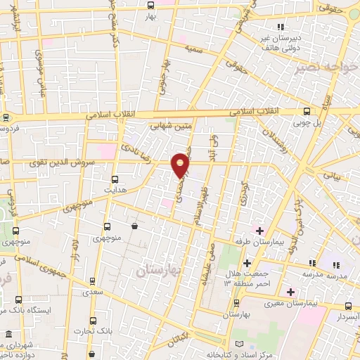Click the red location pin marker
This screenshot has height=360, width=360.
coord(181,165)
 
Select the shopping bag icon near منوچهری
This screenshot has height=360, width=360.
coord(135,226)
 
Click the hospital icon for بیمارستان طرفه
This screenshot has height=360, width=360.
coord(259,231)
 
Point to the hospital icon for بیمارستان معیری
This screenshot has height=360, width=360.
coord(290,292)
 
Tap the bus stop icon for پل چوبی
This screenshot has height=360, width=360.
coord(306,111)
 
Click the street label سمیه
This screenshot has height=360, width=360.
coord(192,49)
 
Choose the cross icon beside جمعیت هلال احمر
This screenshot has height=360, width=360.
coord(247,263)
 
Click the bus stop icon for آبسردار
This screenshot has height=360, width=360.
coord(349,306)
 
